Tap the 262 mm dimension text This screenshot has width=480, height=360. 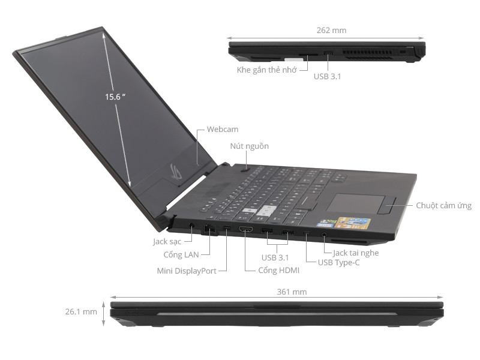[x=331, y=30]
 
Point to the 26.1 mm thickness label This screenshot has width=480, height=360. [x=81, y=312]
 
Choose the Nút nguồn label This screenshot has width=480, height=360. [x=249, y=146]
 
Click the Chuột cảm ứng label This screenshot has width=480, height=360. [x=443, y=205]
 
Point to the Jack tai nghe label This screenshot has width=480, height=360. [x=356, y=253]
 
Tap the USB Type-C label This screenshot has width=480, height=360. [x=339, y=262]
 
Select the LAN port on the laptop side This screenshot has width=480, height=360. [x=208, y=229]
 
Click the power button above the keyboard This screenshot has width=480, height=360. [x=248, y=169]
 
